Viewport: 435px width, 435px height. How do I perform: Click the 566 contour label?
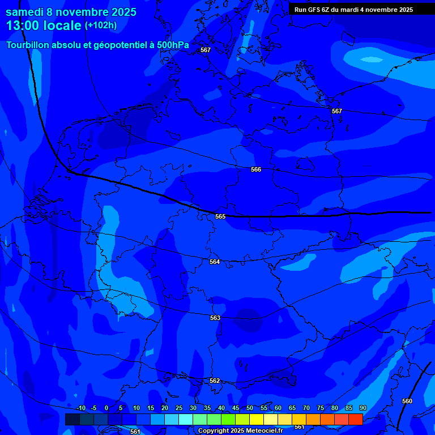point(256,169)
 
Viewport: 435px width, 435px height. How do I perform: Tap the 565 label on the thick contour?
point(220,216)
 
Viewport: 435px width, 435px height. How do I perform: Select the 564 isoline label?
point(215,262)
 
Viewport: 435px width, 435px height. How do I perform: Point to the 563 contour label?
point(215,318)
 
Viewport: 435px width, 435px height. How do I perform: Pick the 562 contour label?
point(215,381)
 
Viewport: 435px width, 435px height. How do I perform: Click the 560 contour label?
point(407,401)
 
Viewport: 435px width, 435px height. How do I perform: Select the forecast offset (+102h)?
point(101,25)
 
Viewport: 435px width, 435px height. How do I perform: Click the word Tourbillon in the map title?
point(28,45)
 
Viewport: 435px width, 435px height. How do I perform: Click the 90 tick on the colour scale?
point(362,408)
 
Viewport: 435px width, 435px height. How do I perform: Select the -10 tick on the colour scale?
point(80,408)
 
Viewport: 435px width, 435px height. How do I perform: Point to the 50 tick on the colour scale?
point(250,408)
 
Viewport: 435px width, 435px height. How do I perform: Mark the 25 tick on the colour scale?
point(179,408)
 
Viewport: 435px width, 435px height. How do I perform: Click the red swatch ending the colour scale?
point(355,419)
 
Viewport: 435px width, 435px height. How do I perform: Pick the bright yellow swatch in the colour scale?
point(257,419)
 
